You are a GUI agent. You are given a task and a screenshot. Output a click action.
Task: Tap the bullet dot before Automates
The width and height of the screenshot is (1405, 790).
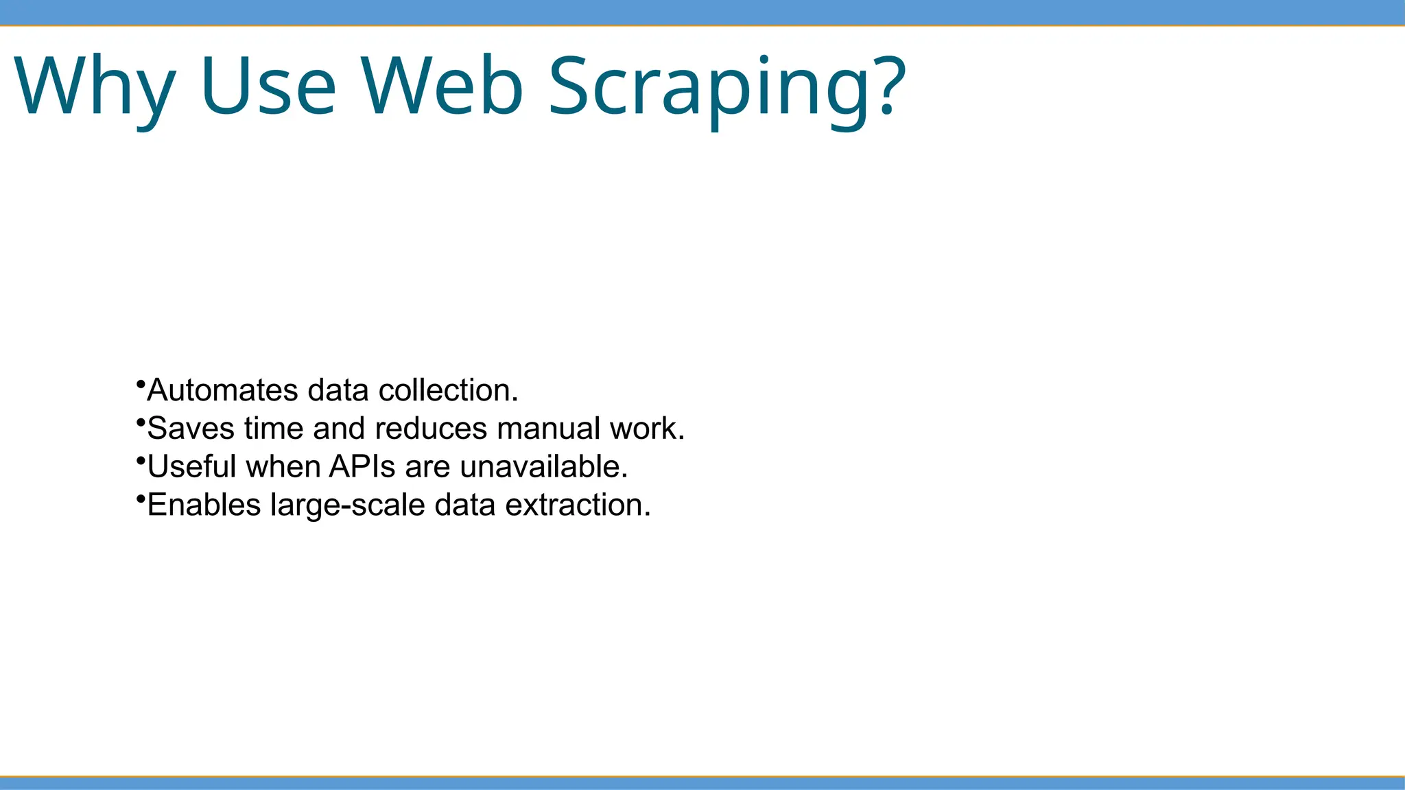coord(140,383)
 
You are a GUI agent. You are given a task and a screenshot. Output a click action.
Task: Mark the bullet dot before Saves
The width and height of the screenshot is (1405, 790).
coord(140,421)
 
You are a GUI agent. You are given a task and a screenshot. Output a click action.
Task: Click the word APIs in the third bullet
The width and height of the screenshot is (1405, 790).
coord(362,466)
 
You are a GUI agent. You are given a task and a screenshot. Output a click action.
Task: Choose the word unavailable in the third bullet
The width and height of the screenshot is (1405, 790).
coord(543,466)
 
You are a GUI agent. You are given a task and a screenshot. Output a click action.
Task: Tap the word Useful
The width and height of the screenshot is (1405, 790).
coord(191,466)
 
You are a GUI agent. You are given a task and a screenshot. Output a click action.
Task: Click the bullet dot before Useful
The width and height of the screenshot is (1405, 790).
coord(140,459)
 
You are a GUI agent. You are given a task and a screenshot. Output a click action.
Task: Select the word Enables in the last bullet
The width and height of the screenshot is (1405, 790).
coord(204,505)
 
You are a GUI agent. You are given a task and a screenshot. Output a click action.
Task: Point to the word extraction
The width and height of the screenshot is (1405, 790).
coord(578,505)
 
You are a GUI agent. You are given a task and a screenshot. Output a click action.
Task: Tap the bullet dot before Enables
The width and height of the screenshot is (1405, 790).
coord(140,497)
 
